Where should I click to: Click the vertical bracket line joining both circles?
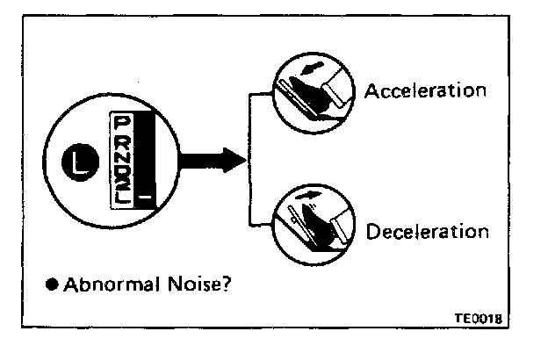(252, 159)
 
